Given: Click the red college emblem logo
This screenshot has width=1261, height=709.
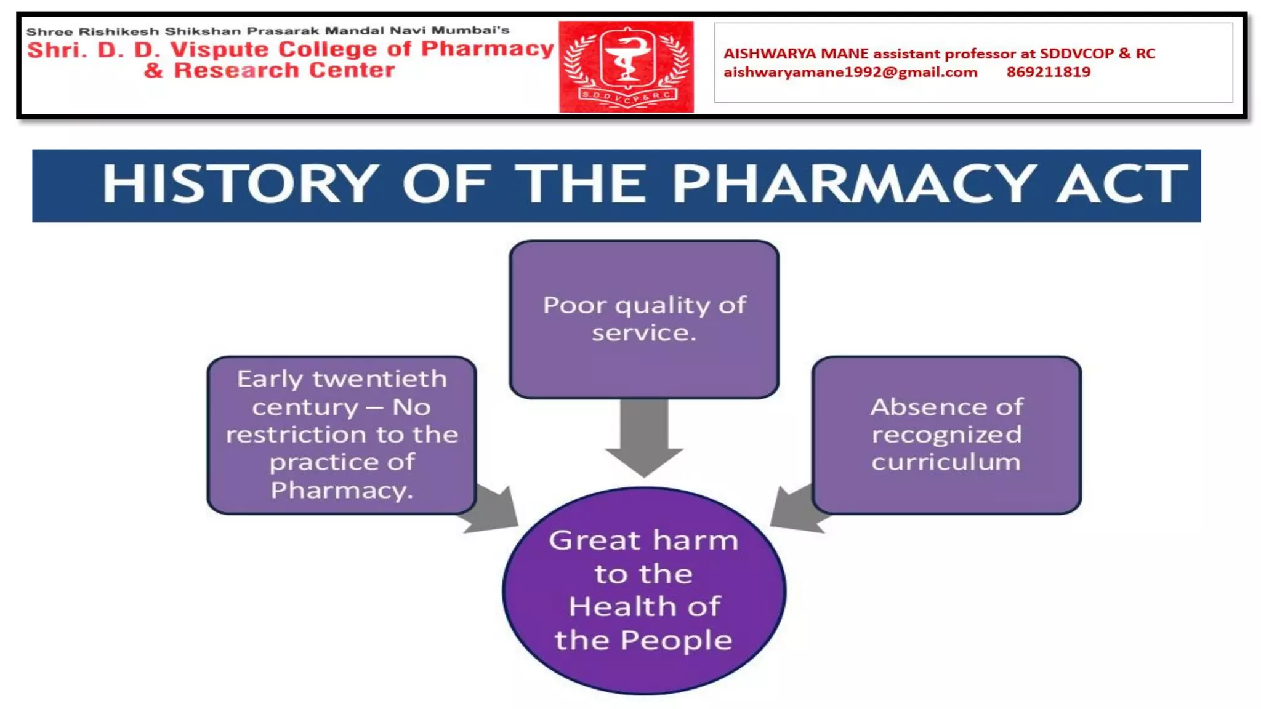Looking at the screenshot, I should (626, 66).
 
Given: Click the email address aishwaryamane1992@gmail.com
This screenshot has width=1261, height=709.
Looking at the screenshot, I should (850, 73).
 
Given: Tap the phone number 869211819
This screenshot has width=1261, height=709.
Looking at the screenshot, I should (1048, 73).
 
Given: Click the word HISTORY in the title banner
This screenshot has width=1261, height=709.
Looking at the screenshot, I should (240, 184).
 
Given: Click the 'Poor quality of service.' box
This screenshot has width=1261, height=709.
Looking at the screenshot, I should (644, 319).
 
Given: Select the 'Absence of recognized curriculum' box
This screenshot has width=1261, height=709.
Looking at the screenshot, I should (946, 435).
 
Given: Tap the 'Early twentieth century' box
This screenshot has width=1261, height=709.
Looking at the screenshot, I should (342, 435).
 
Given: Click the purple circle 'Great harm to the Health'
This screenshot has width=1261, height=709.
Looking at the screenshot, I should (644, 591).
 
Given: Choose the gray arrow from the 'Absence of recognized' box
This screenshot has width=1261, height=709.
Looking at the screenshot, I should (796, 510).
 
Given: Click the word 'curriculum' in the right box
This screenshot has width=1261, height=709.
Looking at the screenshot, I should (946, 462).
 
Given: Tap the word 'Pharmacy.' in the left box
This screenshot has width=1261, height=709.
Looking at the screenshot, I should (342, 491).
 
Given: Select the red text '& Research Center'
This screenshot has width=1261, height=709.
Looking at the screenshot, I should (269, 70).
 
